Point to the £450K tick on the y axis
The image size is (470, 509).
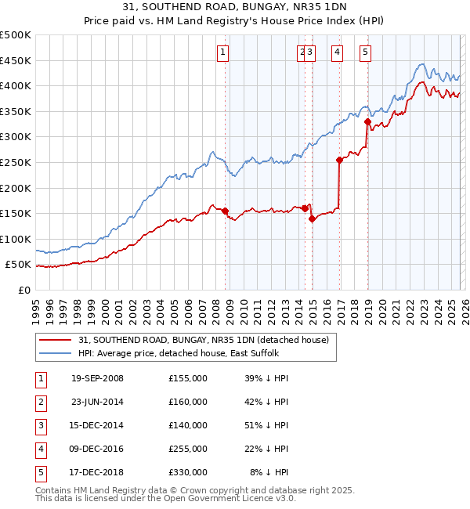click(16, 60)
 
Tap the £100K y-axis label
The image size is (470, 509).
click(16, 239)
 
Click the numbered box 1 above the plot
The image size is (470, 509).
click(223, 52)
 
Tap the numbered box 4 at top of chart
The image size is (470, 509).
click(337, 52)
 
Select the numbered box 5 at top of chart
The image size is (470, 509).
click(366, 52)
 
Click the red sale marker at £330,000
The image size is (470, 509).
click(367, 121)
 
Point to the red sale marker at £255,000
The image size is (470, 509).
click(339, 160)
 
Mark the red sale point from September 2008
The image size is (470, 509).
click(226, 211)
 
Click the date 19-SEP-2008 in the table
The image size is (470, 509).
click(97, 378)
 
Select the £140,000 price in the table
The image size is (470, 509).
click(188, 425)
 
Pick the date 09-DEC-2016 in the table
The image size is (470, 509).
click(97, 449)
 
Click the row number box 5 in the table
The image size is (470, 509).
click(40, 472)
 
